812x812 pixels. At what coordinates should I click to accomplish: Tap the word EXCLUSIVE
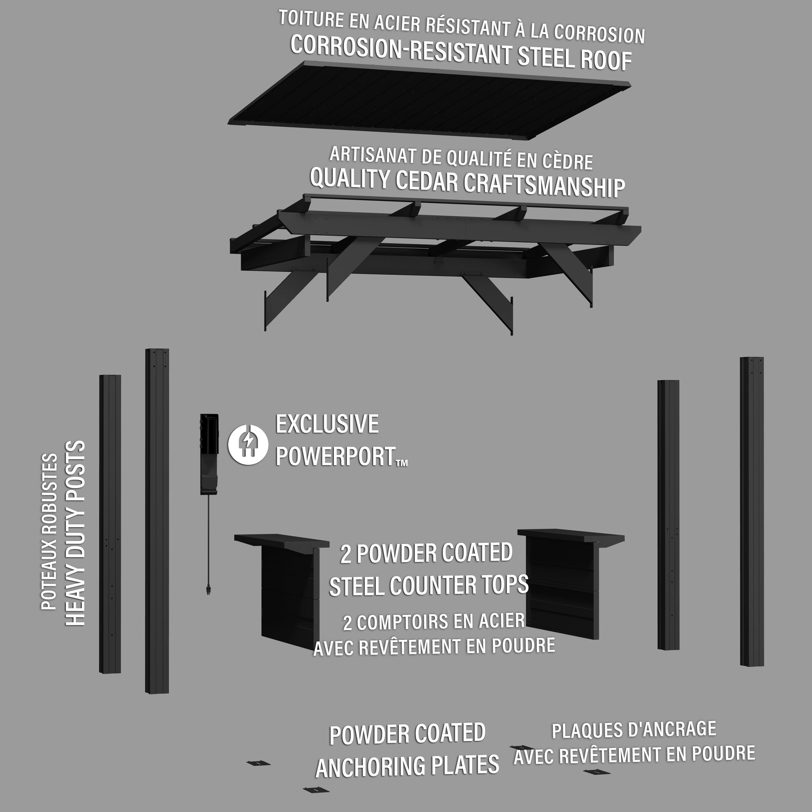[327, 424]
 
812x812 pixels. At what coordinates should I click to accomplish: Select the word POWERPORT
[336, 456]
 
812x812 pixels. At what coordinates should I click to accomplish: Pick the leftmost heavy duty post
[110, 524]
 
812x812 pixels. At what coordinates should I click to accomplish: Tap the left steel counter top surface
[282, 541]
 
